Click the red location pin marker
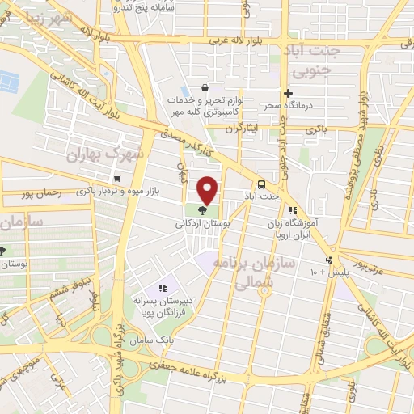point(208,191)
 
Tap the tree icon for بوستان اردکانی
point(201,210)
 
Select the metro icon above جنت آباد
point(261,183)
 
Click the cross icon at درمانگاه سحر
point(288,93)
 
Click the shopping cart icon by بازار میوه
point(119,179)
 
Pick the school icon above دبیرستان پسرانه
point(163,287)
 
